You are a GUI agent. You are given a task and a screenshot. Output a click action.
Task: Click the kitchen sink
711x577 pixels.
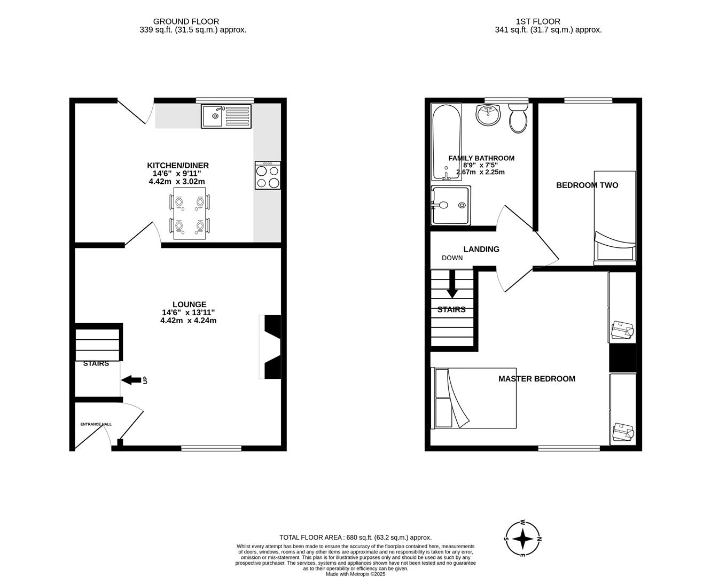point(225,116)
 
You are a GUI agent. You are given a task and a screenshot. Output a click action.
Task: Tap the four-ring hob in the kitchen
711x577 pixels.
point(268,176)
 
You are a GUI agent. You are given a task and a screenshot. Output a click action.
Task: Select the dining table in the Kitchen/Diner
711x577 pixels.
point(190,214)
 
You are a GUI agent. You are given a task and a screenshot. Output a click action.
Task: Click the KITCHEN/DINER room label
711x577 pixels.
point(178,166)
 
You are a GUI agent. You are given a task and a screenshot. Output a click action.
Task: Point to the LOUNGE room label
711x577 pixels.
point(189,305)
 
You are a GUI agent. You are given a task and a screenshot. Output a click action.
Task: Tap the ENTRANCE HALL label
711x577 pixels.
point(96,424)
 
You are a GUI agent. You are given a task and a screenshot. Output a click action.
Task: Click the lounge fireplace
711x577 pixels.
point(271,347)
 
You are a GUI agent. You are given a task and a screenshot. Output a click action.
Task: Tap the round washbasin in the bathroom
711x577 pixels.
point(488,114)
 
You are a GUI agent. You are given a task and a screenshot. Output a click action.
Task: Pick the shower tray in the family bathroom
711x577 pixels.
point(450,205)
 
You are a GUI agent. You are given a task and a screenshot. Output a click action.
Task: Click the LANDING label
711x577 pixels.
point(481,249)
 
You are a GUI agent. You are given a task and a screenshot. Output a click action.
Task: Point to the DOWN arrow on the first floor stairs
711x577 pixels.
point(452,285)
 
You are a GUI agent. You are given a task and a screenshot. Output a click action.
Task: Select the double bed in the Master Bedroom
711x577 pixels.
point(474,398)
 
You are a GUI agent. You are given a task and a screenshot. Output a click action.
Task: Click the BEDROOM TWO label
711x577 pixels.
point(587,185)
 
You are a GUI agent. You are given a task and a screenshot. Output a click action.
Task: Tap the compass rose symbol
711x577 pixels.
point(522,539)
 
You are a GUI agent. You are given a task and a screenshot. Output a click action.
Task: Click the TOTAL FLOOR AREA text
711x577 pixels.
point(355,537)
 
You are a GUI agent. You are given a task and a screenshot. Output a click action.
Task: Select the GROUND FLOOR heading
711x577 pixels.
point(186,21)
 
